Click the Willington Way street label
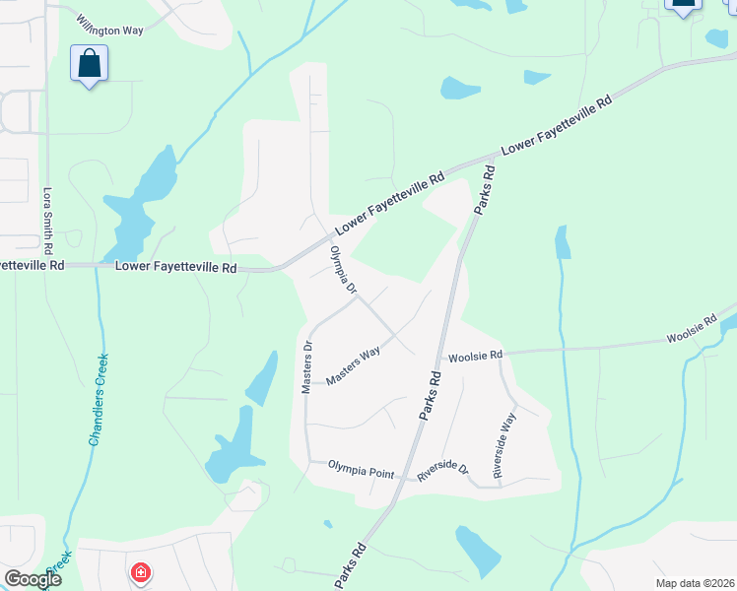point(110,31)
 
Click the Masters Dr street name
point(306,367)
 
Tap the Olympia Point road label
point(361,472)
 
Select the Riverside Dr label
point(441,470)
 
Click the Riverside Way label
point(504,446)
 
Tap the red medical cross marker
point(141,571)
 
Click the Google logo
point(33,579)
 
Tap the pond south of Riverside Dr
point(477,550)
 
